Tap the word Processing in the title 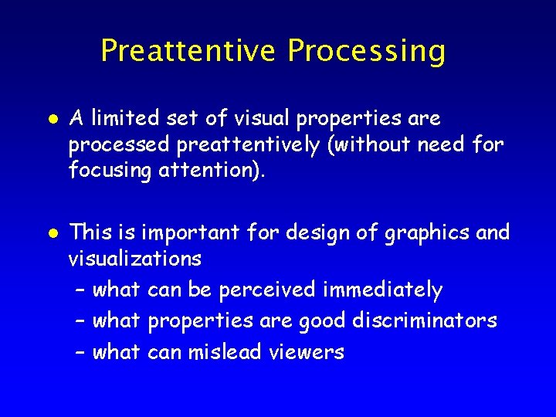(x=367, y=52)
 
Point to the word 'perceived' (x=268, y=290)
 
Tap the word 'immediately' (x=383, y=290)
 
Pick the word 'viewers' (x=307, y=353)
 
